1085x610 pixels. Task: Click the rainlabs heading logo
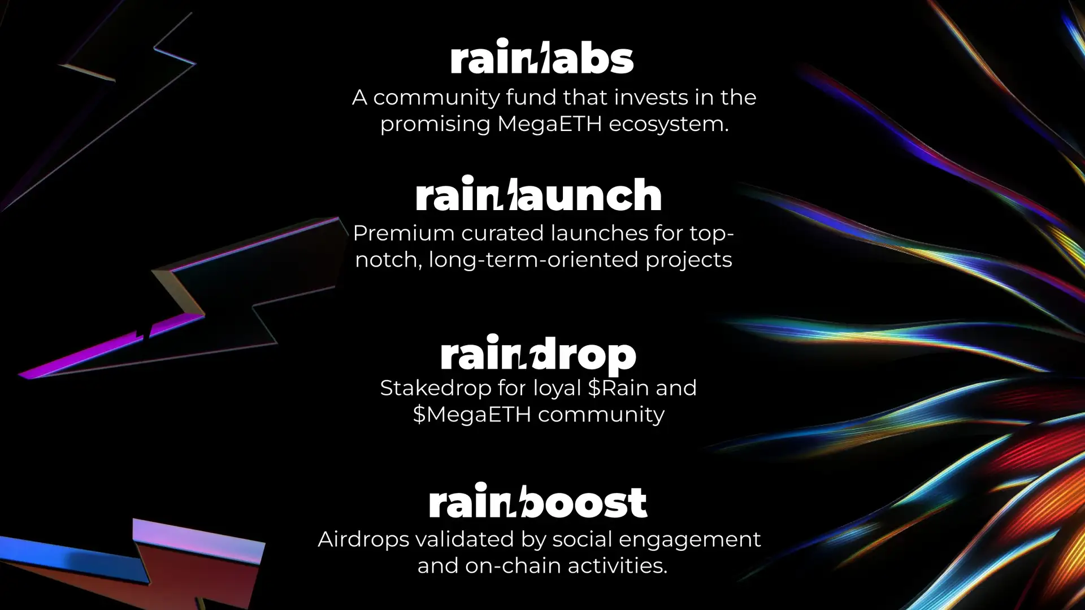tap(542, 56)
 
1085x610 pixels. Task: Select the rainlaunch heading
tap(538, 194)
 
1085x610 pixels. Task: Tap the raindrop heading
tap(538, 354)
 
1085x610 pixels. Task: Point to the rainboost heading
tap(538, 501)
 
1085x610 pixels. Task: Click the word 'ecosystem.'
tap(669, 124)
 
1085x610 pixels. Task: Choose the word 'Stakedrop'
tap(436, 389)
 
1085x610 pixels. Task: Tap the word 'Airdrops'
tap(363, 539)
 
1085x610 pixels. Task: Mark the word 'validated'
tap(465, 539)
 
